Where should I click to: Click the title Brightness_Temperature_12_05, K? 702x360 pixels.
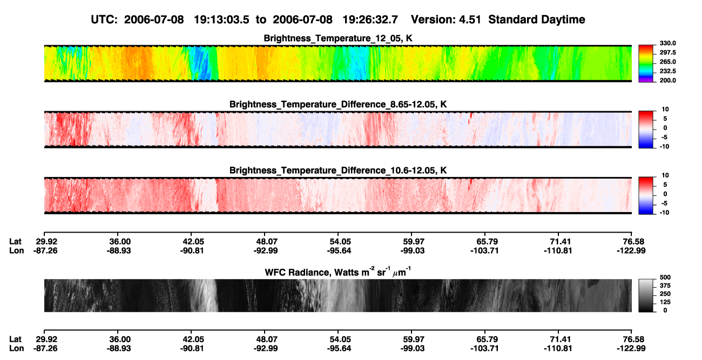tap(338, 38)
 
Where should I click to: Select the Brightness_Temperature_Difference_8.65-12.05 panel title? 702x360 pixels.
tap(338, 104)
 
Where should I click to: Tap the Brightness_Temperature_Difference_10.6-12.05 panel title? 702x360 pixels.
tap(338, 171)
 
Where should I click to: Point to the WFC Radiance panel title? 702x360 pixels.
tap(338, 272)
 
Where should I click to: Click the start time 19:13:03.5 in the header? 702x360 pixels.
tap(221, 20)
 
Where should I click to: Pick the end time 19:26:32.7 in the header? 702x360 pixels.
tap(370, 20)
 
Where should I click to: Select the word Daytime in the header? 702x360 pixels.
tap(562, 20)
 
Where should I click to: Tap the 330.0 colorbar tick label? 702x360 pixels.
tap(667, 43)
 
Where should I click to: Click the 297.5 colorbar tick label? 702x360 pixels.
tap(667, 53)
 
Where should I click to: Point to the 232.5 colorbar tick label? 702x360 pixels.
tap(667, 71)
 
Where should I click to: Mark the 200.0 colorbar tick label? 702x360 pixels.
tap(667, 80)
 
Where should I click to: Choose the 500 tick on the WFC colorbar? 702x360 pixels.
tap(665, 277)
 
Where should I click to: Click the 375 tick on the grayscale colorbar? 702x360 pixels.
tap(665, 286)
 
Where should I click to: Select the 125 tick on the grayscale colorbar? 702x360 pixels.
tap(665, 302)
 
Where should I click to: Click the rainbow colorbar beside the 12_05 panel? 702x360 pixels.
tap(646, 64)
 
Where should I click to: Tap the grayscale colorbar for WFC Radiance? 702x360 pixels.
tap(646, 295)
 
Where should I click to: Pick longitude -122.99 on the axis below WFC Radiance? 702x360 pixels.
tap(631, 349)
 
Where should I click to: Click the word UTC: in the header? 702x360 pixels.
tap(104, 20)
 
